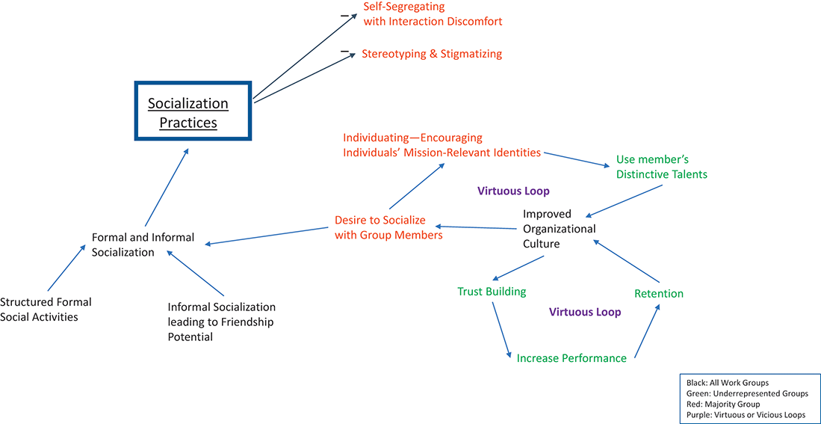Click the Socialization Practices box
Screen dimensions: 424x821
coord(193,111)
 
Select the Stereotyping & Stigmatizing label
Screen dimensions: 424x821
coord(432,54)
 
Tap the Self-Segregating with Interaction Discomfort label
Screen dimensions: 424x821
coord(433,14)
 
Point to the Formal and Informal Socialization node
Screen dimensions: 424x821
coord(143,245)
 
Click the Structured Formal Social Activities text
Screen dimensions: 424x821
coord(46,310)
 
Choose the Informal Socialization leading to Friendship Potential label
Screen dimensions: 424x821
coord(221,322)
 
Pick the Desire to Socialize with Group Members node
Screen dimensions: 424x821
coord(388,227)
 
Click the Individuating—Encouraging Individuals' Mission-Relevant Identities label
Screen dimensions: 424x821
coord(442,145)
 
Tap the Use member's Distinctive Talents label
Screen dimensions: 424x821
coord(661,167)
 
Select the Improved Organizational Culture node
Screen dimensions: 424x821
coord(559,229)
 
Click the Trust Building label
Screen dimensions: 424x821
coord(492,292)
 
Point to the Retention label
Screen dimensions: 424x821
coord(659,293)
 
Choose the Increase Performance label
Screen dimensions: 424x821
coord(571,358)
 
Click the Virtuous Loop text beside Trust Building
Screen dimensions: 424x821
coord(585,312)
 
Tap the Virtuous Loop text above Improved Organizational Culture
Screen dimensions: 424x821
coord(513,191)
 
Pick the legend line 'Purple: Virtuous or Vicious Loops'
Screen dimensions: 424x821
coord(746,415)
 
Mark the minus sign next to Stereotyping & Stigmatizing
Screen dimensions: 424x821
coord(344,51)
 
